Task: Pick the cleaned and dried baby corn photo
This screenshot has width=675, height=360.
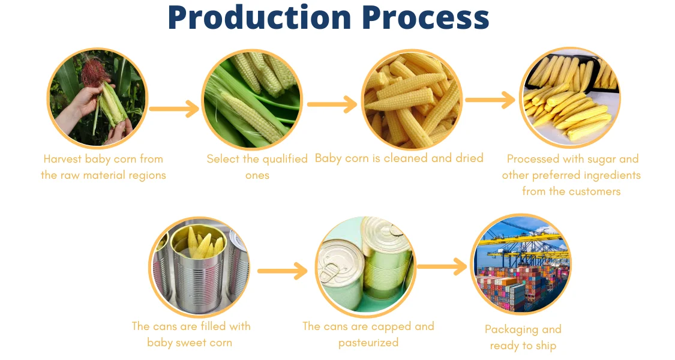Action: point(412,99)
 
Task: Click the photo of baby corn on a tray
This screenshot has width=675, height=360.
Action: point(569,98)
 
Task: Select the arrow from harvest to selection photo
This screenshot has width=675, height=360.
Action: point(174,109)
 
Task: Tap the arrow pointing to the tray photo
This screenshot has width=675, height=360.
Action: point(490,100)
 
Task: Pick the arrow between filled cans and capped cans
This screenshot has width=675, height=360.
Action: point(282,271)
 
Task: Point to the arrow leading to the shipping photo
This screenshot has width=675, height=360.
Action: point(442,266)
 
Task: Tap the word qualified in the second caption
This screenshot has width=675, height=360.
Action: point(281,159)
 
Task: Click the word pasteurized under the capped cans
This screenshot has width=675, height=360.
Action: point(368,343)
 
